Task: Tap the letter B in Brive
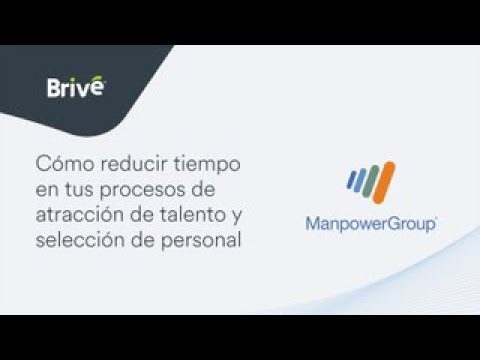(x=55, y=89)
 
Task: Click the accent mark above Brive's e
(x=99, y=77)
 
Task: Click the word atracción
(x=79, y=215)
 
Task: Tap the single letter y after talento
(x=238, y=217)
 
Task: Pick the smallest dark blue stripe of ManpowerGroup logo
(x=350, y=181)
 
